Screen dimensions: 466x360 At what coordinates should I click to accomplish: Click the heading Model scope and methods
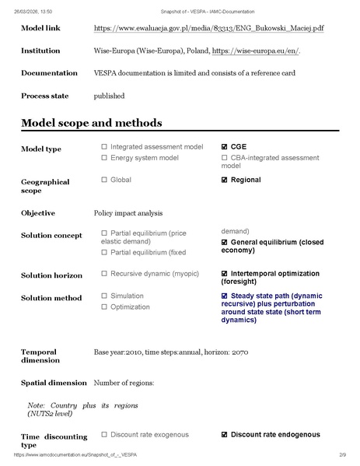(x=92, y=123)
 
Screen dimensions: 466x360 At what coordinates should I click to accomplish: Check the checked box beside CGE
(x=225, y=146)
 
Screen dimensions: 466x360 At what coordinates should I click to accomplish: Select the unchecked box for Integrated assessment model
(x=104, y=146)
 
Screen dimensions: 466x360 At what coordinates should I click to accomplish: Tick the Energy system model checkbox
(x=104, y=158)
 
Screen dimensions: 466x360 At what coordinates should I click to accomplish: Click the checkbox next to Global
(x=104, y=180)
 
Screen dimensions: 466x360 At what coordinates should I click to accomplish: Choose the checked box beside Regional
(x=225, y=180)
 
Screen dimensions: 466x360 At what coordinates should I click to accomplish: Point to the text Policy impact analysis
(x=128, y=212)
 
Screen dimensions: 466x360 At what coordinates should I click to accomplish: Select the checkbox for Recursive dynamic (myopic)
(x=104, y=274)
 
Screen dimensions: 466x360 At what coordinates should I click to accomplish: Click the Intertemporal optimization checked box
(x=225, y=274)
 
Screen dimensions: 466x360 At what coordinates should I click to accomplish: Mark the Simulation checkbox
(x=104, y=296)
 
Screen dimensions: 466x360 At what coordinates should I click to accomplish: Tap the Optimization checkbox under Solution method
(x=104, y=307)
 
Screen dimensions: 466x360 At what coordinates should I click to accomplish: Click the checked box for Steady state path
(x=225, y=296)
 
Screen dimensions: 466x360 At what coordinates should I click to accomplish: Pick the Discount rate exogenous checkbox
(x=104, y=434)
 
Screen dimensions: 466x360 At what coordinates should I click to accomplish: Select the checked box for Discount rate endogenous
(x=225, y=434)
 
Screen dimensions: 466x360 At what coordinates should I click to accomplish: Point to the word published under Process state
(x=110, y=96)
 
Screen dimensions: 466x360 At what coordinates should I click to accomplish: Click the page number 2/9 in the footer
(x=342, y=454)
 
